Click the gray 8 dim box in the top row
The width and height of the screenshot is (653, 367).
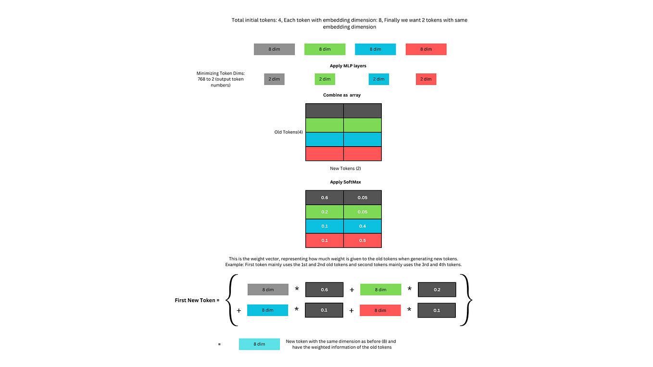point(274,49)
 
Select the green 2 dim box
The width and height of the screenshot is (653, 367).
point(325,79)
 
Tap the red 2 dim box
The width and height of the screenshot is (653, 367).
point(426,79)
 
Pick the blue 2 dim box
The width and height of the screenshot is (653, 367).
point(378,79)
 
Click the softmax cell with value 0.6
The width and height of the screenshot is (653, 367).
point(324,197)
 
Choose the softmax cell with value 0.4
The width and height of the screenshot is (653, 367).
point(363,226)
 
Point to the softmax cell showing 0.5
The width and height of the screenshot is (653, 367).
point(363,240)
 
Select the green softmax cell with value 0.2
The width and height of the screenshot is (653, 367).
point(324,212)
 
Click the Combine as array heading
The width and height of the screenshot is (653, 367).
point(341,95)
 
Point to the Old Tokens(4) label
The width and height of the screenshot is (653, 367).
point(289,132)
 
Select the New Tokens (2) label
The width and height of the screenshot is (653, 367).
point(342,169)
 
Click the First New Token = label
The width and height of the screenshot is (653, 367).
point(197,300)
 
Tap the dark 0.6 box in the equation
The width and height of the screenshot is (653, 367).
point(324,290)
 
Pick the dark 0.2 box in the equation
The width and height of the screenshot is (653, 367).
point(437,290)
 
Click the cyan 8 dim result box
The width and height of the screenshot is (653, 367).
point(259,344)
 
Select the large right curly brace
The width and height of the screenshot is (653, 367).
point(466,300)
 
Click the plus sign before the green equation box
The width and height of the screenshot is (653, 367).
point(352,290)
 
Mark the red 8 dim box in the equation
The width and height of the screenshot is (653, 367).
point(380,310)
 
